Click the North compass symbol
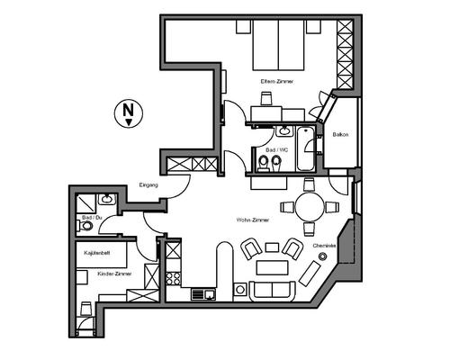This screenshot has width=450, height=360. [129, 112]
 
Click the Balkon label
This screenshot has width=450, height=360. [340, 135]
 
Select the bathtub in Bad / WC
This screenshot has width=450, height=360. [306, 148]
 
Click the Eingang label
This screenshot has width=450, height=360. [149, 184]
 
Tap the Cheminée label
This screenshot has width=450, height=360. [325, 245]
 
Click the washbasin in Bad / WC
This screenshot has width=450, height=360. [272, 131]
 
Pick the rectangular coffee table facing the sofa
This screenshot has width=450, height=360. [269, 266]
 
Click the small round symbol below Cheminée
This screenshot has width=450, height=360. [322, 258]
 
